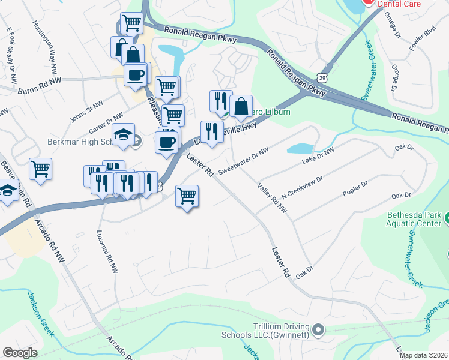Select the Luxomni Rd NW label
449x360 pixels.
[x=108, y=251]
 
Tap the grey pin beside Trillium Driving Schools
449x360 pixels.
[x=319, y=329]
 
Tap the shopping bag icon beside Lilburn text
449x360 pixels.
[x=241, y=106]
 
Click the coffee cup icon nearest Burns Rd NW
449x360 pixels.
[x=135, y=75]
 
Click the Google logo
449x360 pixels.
[x=20, y=353]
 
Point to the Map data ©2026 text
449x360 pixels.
[x=424, y=355]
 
